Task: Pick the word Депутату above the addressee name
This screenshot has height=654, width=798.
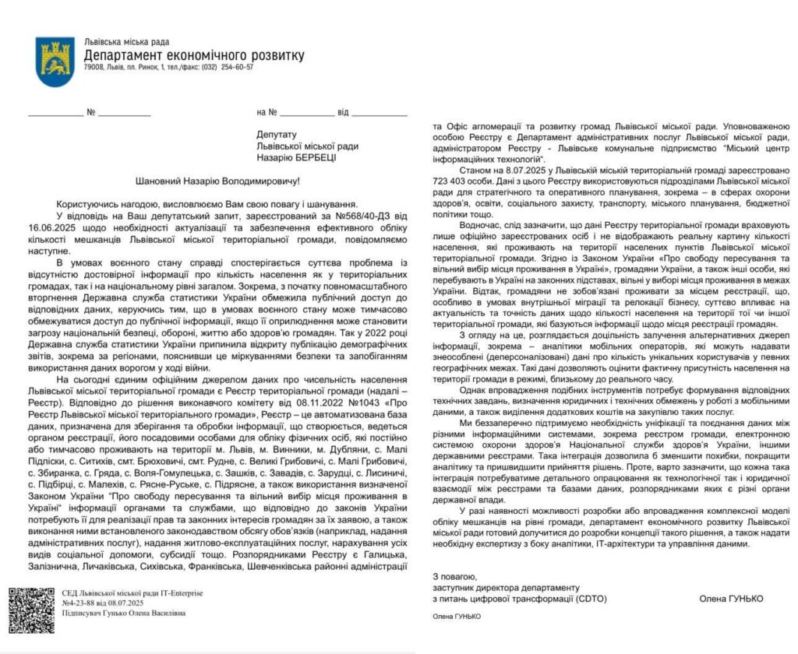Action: tap(277, 134)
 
